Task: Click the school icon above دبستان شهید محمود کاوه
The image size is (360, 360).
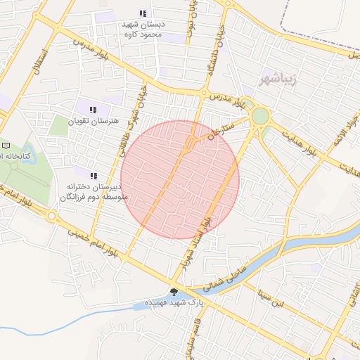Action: (x=143, y=13)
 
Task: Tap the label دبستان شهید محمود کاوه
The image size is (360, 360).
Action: (x=143, y=29)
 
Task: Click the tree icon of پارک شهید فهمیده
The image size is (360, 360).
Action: (x=174, y=291)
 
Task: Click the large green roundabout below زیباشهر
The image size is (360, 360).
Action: (x=261, y=116)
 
